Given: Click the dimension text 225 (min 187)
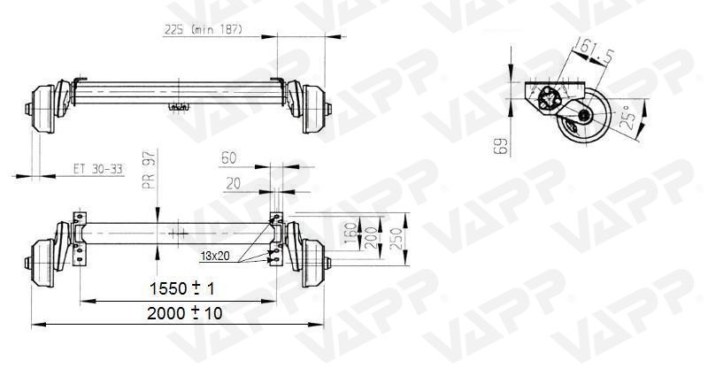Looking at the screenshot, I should coord(203,29).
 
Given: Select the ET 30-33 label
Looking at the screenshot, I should coord(96,169).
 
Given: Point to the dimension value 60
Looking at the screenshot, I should coord(229,158).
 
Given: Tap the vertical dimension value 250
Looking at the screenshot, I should coord(398,237).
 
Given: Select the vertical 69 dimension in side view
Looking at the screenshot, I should coord(501,146).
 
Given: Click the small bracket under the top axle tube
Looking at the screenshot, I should coord(181,107).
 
